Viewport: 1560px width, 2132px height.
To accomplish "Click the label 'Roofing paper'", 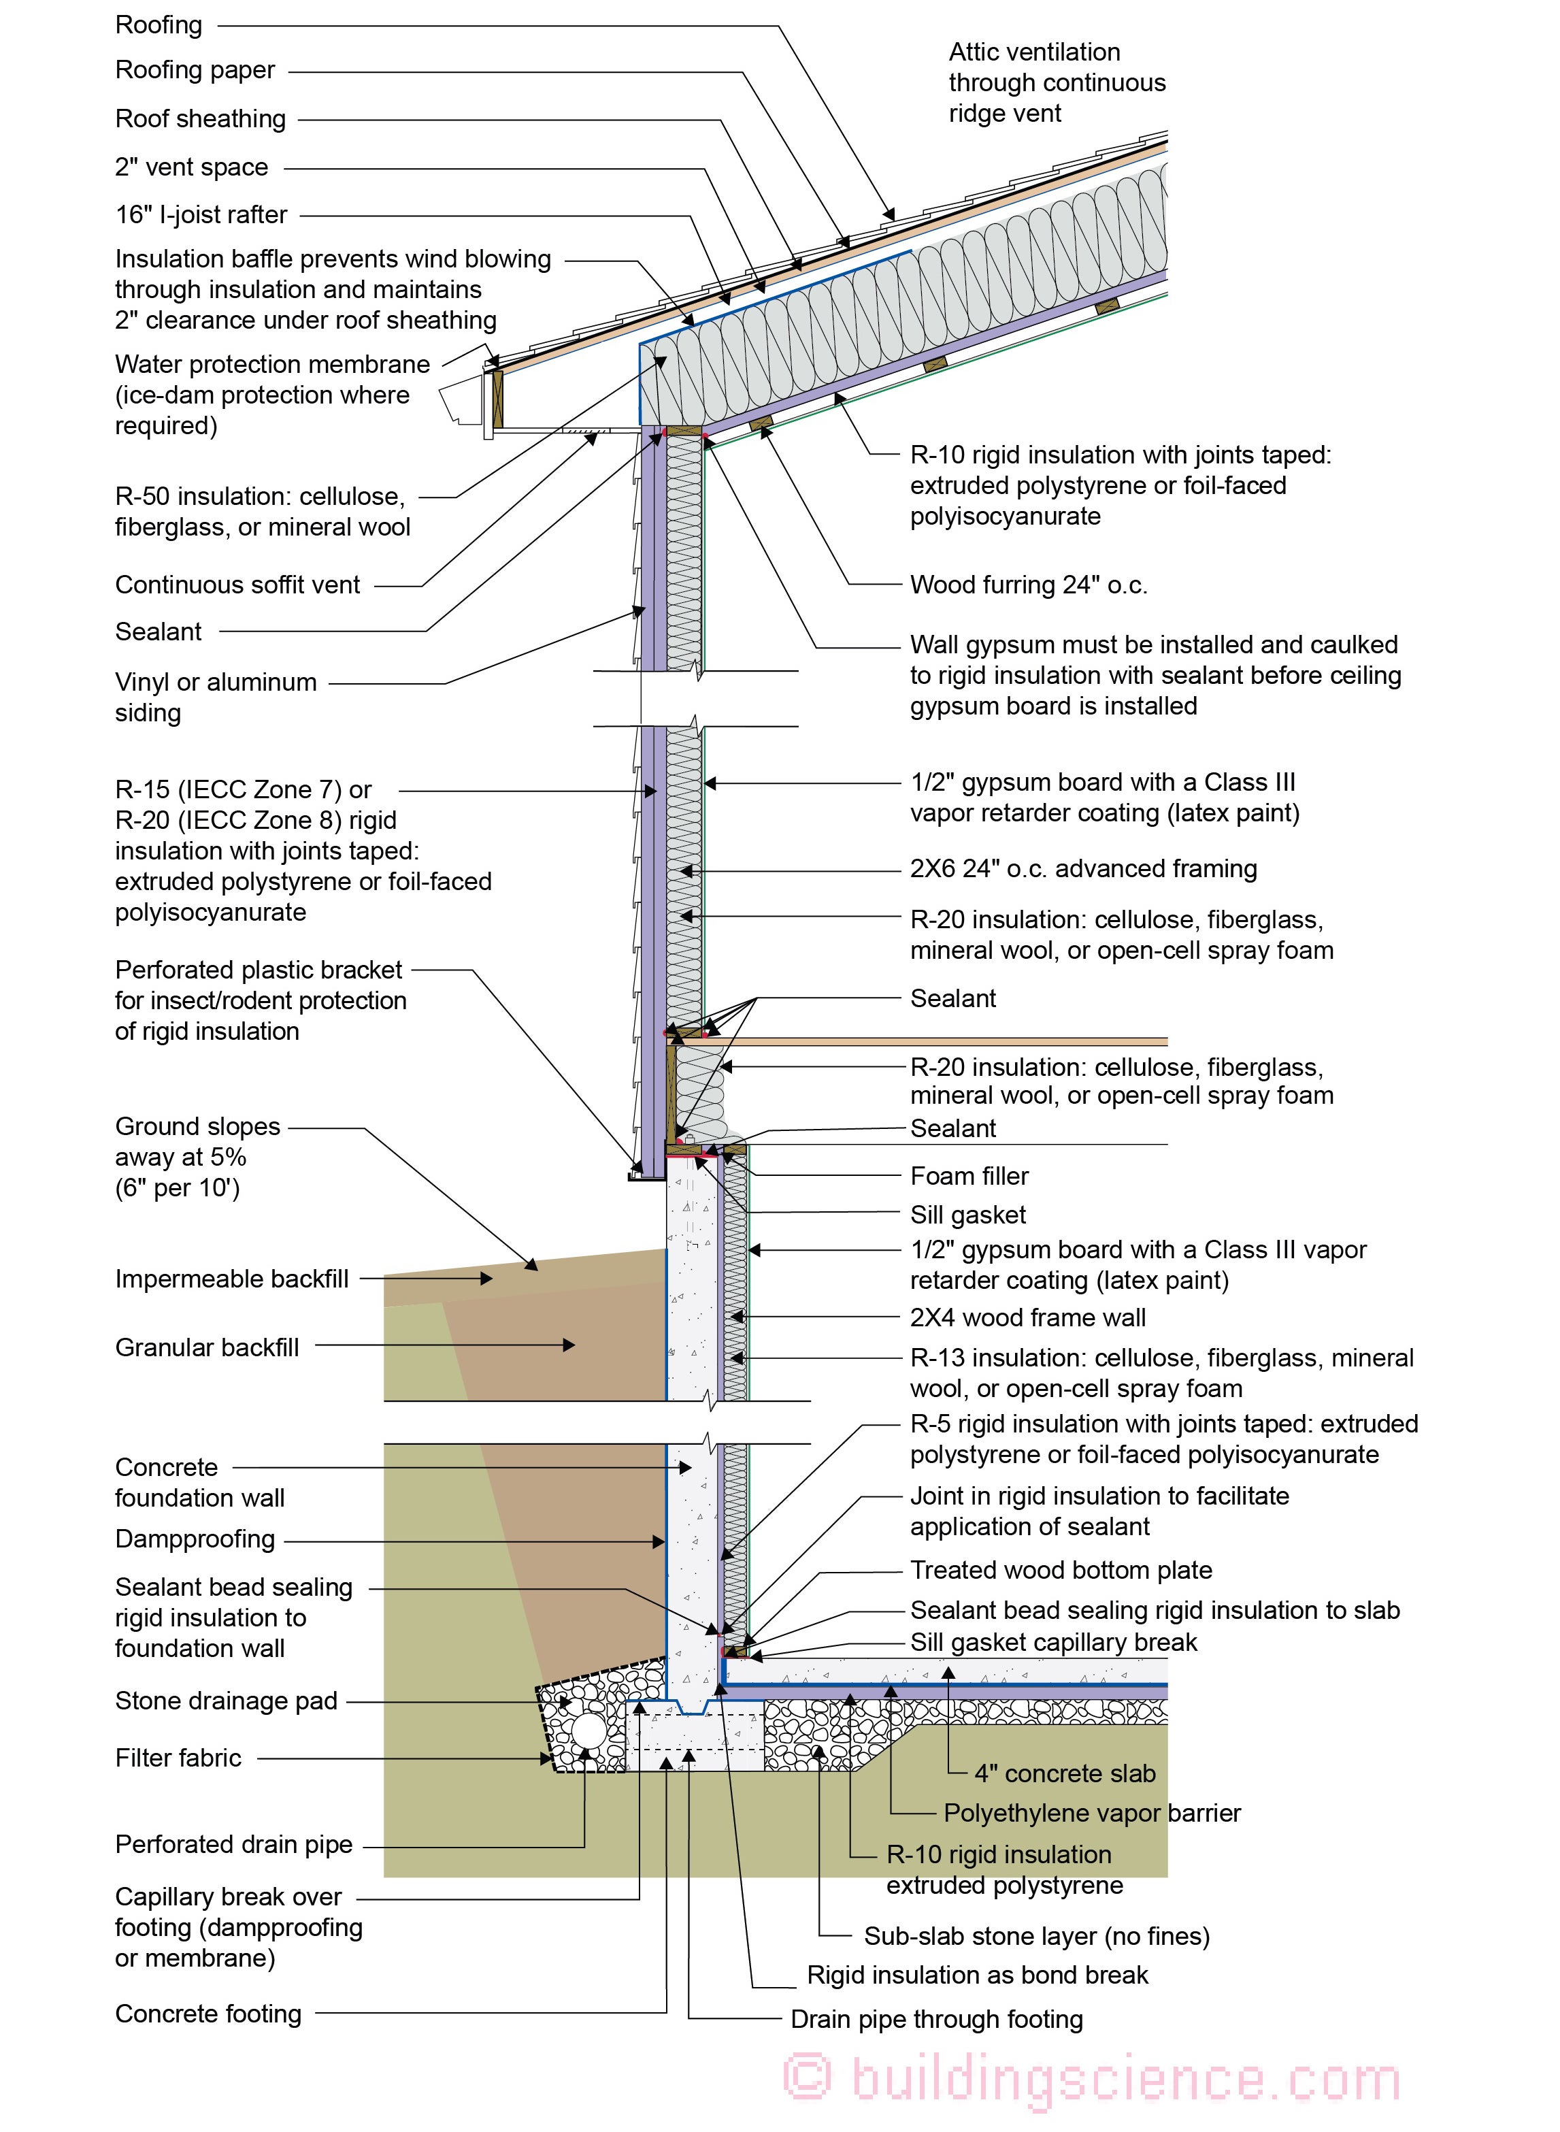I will [195, 71].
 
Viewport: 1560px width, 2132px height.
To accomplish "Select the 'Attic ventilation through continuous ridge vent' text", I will [1056, 83].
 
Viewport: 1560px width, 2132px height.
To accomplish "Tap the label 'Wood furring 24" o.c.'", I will [1029, 586].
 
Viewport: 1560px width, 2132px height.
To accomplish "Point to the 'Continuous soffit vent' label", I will [237, 586].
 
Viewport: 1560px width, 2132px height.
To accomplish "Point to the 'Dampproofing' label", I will [195, 1540].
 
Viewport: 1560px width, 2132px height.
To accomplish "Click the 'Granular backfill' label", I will [207, 1348].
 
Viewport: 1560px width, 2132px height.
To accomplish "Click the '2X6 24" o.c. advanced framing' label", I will [1083, 869].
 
